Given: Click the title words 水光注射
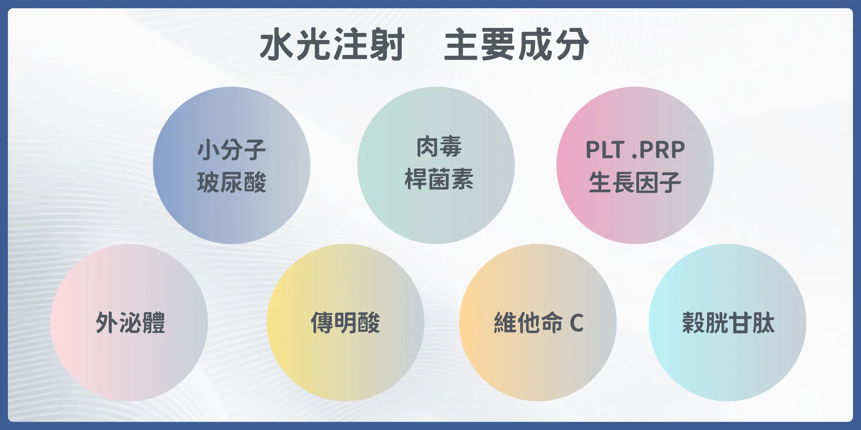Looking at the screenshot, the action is point(332,44).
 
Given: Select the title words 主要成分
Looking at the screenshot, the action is point(516,44).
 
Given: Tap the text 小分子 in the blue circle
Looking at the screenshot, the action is point(232,150).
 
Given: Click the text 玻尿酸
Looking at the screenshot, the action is point(232,182).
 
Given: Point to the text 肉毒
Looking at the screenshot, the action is point(439,147).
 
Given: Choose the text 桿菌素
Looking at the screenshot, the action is point(439,179).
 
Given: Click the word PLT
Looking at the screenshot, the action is point(605,150).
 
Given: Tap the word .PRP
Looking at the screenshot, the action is point(658,150).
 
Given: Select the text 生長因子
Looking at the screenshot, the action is point(635,182).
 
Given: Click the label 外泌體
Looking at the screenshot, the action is point(130,322).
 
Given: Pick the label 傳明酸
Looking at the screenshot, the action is point(345,322).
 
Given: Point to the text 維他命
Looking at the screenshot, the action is point(528,322).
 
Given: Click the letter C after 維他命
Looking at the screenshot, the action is point(577,323).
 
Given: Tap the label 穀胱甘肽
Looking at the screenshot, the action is point(728,322).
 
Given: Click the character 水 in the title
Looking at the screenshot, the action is point(277,44).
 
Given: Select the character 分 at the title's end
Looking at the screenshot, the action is point(572,44).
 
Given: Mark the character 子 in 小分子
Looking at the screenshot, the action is point(255,150).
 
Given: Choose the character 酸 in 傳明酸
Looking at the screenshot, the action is point(369,322).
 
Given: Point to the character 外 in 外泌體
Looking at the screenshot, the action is point(107,322).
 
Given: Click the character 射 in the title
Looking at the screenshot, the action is point(387,44).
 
